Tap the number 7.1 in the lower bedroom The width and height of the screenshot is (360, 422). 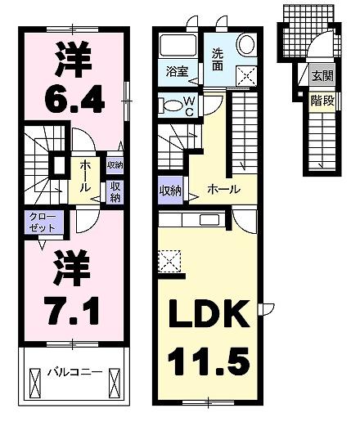pyautogui.click(x=72, y=309)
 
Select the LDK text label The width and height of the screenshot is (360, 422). pyautogui.click(x=208, y=314)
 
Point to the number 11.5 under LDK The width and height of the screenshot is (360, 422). pyautogui.click(x=209, y=359)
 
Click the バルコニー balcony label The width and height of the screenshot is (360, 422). pyautogui.click(x=74, y=370)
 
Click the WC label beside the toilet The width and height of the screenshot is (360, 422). pyautogui.click(x=188, y=105)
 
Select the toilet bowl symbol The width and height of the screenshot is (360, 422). pyautogui.click(x=172, y=105)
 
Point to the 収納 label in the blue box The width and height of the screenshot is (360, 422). pyautogui.click(x=170, y=191)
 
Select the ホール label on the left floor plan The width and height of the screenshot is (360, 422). pyautogui.click(x=86, y=176)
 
